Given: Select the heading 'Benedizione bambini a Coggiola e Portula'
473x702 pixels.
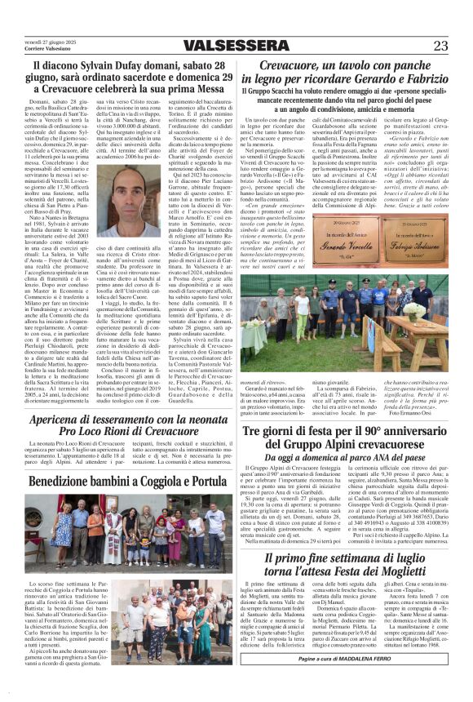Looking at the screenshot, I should pyautogui.click(x=118, y=482).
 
